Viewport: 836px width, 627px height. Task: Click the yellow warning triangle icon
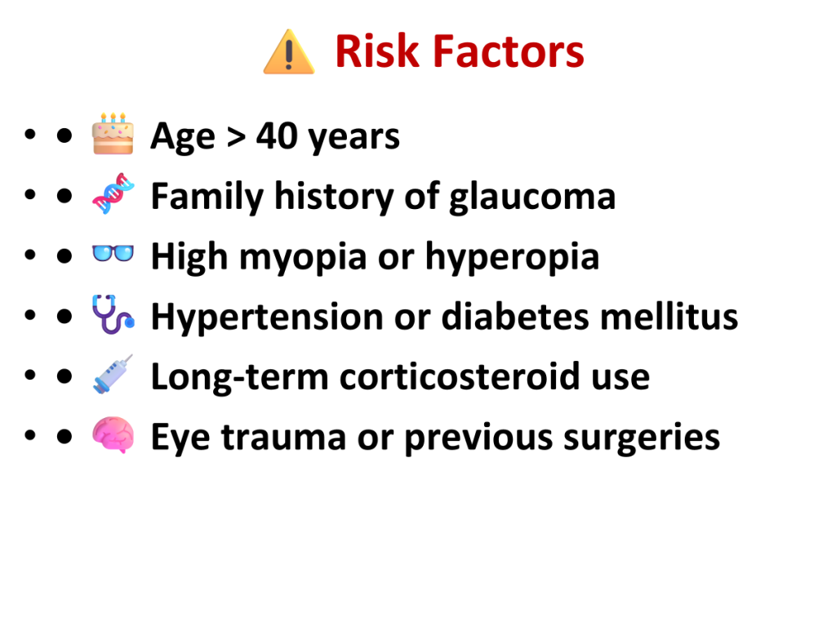tap(289, 51)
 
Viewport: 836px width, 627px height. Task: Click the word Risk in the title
tap(377, 51)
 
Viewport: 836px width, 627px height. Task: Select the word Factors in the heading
tap(509, 51)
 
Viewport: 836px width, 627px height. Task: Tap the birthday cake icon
tap(113, 134)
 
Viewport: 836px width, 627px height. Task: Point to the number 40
tap(277, 136)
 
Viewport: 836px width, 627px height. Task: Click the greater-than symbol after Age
tap(236, 137)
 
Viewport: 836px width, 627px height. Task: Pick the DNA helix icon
tap(113, 193)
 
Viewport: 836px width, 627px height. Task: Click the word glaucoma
tap(532, 198)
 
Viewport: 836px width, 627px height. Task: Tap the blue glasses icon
tap(113, 253)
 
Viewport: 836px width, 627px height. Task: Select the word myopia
tap(303, 257)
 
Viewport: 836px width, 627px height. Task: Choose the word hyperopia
tap(512, 257)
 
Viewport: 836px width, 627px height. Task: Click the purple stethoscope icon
tap(113, 314)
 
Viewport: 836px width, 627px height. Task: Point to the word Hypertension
tap(267, 318)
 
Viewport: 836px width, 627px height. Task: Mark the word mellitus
tap(669, 316)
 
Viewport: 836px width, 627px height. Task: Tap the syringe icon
tap(113, 374)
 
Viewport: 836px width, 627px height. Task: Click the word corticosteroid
tap(460, 376)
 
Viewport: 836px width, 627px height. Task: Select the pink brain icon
tap(113, 434)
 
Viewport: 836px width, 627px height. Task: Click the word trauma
tap(283, 438)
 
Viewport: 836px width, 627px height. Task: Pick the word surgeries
tap(642, 438)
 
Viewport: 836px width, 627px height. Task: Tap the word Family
tap(207, 198)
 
